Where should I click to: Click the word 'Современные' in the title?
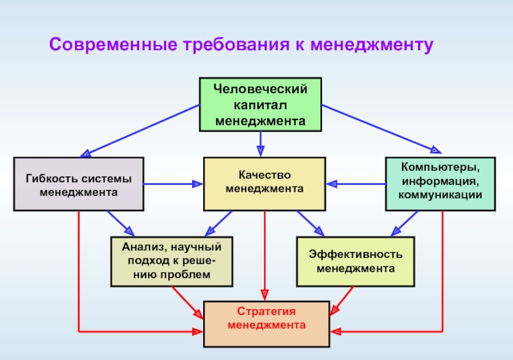tap(114, 44)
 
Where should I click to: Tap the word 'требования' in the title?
tap(237, 45)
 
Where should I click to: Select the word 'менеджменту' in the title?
tap(372, 46)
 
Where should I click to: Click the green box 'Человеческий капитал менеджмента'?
tap(260, 105)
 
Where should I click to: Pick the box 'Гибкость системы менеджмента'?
tap(78, 184)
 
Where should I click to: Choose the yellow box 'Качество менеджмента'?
tap(264, 184)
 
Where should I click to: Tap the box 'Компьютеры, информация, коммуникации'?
tap(441, 184)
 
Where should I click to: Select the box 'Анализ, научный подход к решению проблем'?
tap(172, 261)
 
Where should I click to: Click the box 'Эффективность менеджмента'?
tap(356, 261)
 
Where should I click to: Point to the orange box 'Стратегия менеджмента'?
tap(267, 324)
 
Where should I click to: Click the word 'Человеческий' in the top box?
tap(260, 89)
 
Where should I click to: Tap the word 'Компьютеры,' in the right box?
tap(441, 167)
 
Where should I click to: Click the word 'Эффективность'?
tap(356, 254)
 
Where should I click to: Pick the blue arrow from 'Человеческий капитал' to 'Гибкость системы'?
tap(140, 131)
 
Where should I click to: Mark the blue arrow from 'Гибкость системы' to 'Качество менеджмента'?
tap(173, 184)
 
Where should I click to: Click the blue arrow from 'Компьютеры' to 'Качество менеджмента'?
tap(356, 184)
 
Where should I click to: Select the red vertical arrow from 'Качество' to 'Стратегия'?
tap(265, 256)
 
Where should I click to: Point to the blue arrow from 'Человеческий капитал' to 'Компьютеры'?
tap(382, 129)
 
